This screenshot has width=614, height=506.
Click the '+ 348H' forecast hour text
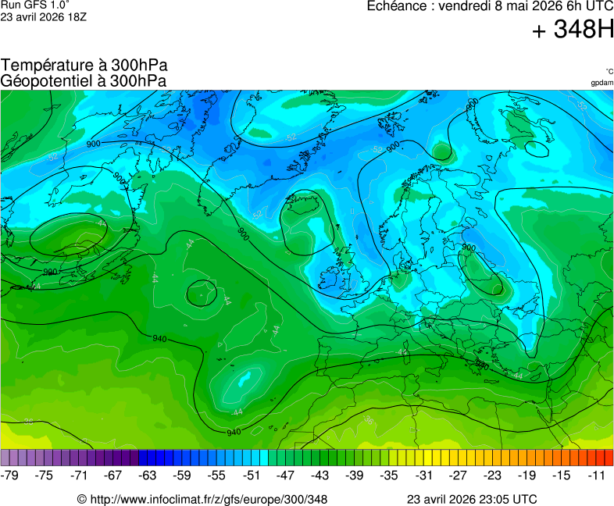coord(573,30)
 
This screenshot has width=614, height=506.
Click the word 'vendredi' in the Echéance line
coord(466,6)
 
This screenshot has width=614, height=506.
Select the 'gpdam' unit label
coord(602,82)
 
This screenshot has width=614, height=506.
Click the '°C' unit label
coord(609,71)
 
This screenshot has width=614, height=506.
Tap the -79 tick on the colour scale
coord(10,475)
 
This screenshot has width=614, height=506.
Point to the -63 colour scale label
coord(147,475)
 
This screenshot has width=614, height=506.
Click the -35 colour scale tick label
coord(389,475)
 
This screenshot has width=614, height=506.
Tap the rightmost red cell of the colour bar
coord(609,458)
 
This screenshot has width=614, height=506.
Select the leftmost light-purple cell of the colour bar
coord(5,458)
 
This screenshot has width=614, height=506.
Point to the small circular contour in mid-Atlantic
coord(201,293)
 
